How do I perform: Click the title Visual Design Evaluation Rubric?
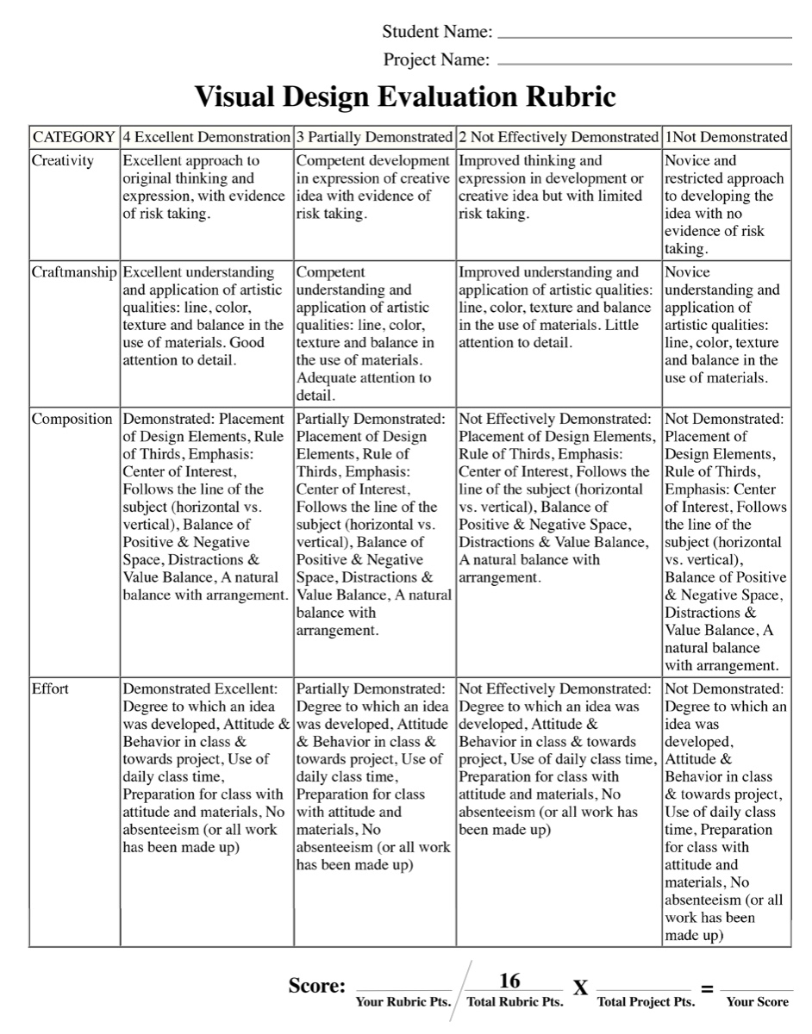[405, 97]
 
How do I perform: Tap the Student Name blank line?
[645, 38]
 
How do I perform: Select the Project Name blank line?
[645, 64]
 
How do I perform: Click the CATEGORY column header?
[74, 137]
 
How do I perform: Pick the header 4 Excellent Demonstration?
[207, 137]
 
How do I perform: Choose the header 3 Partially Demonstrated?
[374, 137]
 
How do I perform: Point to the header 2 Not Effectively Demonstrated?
[559, 137]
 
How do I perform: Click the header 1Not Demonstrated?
[726, 137]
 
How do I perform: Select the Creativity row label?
[63, 160]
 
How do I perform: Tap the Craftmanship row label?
[74, 272]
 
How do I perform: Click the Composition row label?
[72, 419]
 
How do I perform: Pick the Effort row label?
[50, 688]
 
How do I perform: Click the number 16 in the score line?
[509, 981]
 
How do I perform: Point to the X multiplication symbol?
[581, 988]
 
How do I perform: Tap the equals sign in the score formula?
[707, 988]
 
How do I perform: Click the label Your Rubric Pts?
[403, 1002]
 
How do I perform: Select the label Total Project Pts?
[646, 1002]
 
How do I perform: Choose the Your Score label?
[757, 1002]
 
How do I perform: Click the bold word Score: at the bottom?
[317, 987]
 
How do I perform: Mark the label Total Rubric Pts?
[515, 1002]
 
